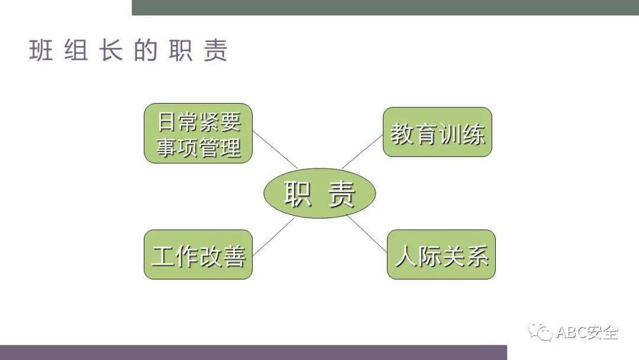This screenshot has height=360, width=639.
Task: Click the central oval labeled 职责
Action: [x=319, y=193]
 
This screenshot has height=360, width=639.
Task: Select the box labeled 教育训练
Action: [x=437, y=132]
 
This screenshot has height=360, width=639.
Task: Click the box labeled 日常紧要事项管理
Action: [x=198, y=133]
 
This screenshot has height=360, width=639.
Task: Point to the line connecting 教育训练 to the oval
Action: [x=362, y=152]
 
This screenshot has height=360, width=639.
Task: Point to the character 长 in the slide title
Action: [x=111, y=51]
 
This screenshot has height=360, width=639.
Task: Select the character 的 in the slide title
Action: [x=146, y=51]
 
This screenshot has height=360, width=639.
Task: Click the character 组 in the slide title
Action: [x=76, y=51]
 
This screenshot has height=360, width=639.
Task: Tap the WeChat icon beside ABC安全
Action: [x=541, y=332]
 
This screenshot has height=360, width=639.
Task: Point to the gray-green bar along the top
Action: [x=385, y=7]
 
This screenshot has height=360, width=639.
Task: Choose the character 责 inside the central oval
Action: [x=341, y=194]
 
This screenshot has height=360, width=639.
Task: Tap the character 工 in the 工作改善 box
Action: [x=163, y=256]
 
